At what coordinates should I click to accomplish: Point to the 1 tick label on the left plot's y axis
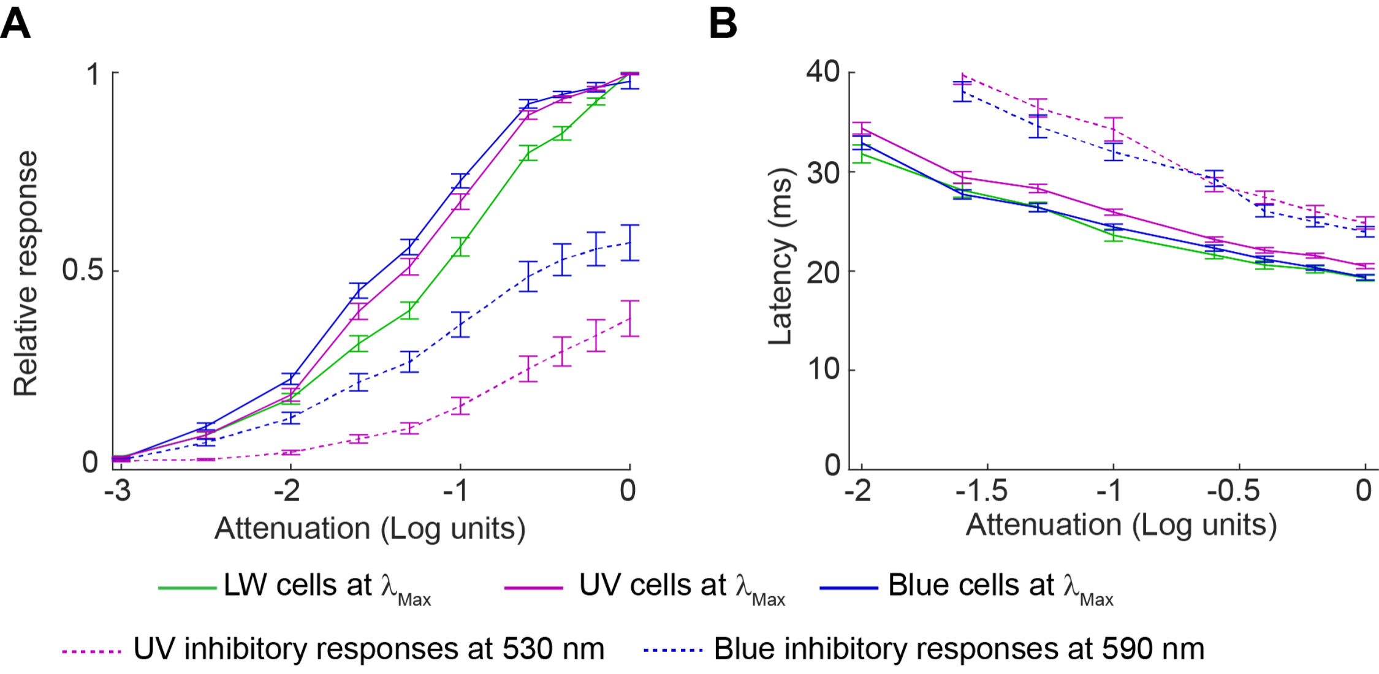pos(94,74)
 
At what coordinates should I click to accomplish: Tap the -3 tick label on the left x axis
pos(118,491)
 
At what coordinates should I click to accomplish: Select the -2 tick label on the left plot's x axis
pos(288,491)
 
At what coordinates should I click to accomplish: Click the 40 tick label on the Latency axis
pos(823,72)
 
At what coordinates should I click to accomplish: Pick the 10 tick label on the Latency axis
pos(823,369)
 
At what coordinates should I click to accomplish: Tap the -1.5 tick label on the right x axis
pos(982,491)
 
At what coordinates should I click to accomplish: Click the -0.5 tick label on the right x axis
pos(1233,491)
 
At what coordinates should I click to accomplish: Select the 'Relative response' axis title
pos(26,273)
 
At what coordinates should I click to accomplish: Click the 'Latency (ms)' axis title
pos(781,256)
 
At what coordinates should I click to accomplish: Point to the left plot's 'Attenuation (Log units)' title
pos(370,528)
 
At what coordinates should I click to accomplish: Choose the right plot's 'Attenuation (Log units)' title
pos(1121,526)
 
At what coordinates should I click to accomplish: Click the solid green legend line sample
pos(188,588)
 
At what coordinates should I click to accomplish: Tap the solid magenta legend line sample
pos(533,588)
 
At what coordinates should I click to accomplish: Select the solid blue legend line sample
pos(849,588)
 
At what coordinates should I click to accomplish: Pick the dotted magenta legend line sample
pos(92,651)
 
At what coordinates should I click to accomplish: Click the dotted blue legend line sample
pos(673,650)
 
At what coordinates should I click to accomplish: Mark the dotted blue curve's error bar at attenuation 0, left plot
pos(629,243)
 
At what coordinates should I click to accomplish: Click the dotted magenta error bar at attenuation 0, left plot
pos(629,319)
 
